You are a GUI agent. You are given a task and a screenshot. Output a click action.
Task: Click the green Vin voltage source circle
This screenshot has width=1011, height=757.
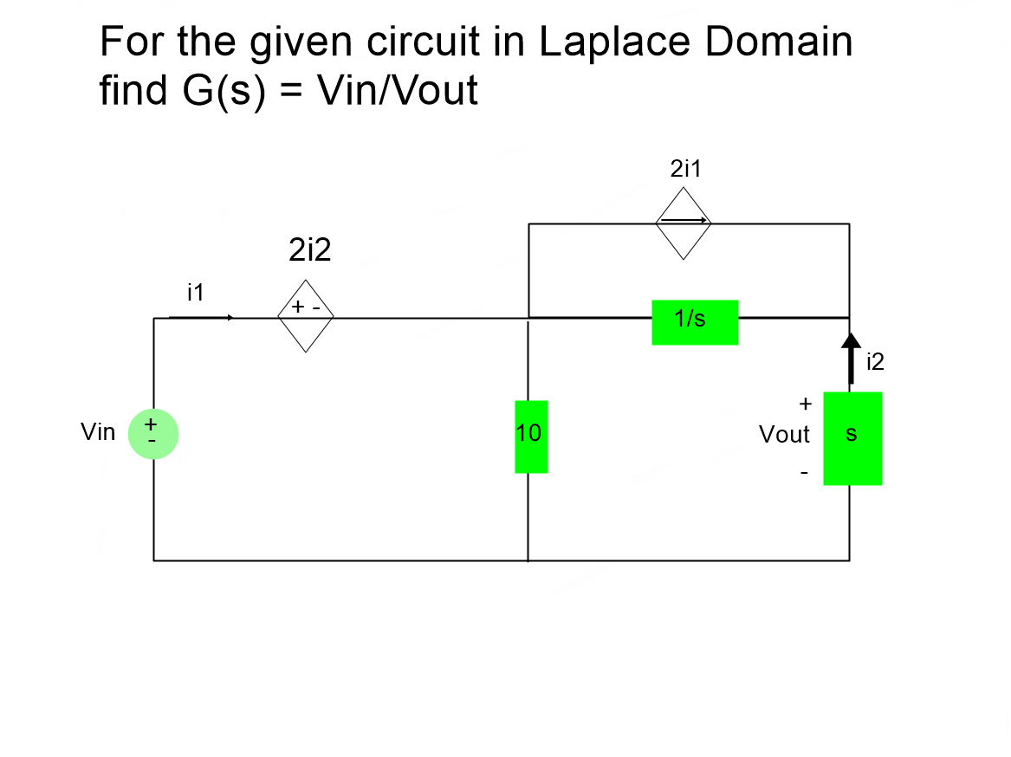point(153,433)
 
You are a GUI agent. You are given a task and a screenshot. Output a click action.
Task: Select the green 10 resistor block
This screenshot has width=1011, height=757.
point(531,437)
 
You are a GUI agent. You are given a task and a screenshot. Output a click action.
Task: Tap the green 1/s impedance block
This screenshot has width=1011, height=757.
point(695,322)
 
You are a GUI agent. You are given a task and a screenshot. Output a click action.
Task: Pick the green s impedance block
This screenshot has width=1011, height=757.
point(852,438)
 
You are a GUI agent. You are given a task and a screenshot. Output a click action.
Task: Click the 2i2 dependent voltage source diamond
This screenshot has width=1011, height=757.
point(305,316)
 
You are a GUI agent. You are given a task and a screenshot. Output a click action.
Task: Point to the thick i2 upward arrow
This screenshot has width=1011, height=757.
point(851,357)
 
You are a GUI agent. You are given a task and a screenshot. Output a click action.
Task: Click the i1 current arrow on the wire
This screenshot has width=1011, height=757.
point(201,318)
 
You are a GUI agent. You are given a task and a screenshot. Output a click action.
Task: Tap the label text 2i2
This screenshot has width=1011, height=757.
point(309,251)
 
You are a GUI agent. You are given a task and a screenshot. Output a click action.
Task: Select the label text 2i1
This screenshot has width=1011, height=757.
point(685,169)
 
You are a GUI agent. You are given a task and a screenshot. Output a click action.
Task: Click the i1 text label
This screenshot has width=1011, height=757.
point(195,293)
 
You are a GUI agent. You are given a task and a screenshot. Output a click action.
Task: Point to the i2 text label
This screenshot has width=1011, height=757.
point(875,363)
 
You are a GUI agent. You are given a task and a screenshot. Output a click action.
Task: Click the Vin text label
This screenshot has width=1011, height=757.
point(97,432)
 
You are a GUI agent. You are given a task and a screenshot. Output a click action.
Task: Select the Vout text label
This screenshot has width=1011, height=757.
point(784,435)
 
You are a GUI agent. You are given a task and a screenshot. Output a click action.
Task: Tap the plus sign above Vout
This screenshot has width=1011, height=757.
point(805,404)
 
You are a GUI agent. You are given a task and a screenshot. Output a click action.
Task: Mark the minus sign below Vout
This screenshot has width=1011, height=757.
point(804,473)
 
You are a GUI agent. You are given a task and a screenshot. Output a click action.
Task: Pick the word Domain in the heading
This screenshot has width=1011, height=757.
point(778,42)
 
